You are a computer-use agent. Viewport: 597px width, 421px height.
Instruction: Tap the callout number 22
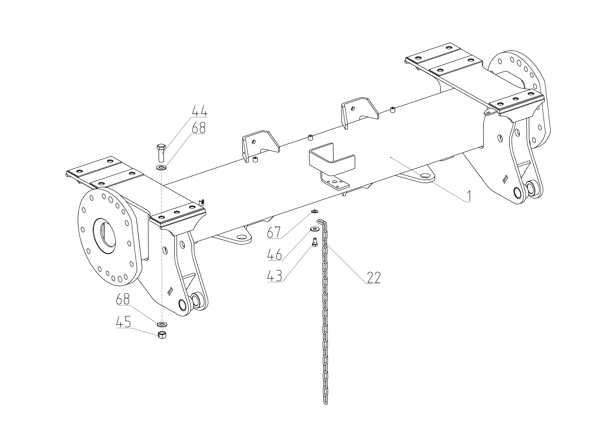click(374, 278)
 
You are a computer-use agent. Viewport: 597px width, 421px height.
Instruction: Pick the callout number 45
click(123, 322)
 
